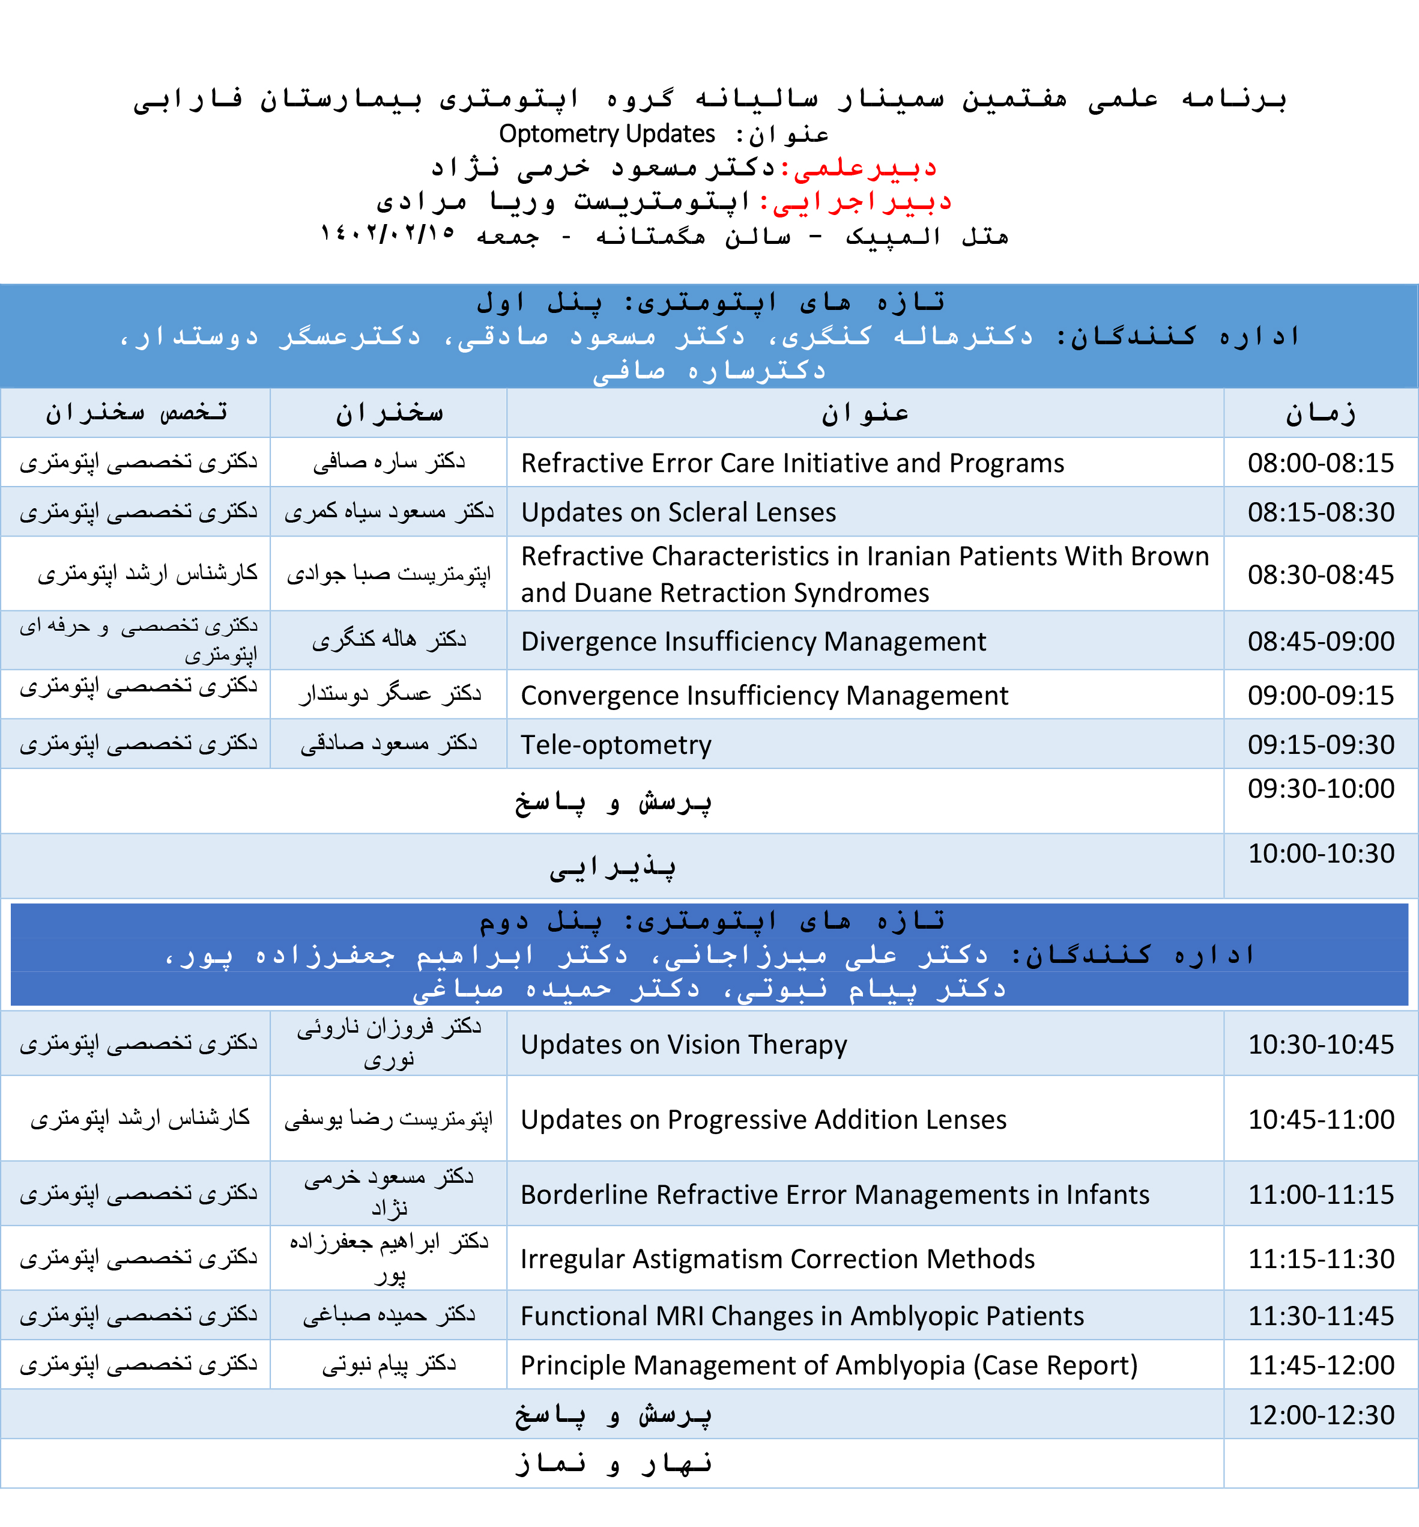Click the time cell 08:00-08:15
click(1320, 463)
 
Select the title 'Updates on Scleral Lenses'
click(678, 512)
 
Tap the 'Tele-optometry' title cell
click(616, 745)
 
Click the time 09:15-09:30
click(1320, 745)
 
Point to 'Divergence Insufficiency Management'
click(752, 642)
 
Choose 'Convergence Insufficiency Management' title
click(764, 696)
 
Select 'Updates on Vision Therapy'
click(683, 1045)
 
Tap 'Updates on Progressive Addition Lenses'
click(763, 1120)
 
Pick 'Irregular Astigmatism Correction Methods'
click(777, 1260)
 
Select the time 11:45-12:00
click(1320, 1365)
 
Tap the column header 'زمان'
click(1320, 414)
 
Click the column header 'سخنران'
click(389, 414)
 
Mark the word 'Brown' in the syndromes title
click(1169, 556)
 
